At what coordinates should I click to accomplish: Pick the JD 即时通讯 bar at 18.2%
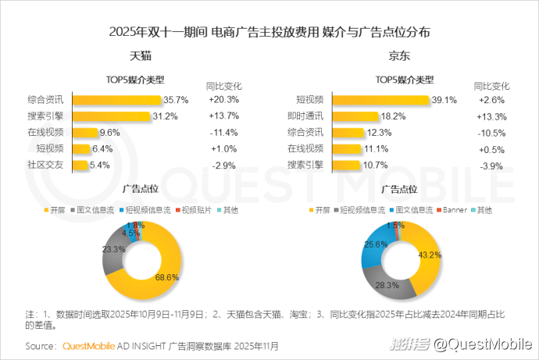click(x=355, y=116)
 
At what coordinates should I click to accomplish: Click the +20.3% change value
click(x=223, y=100)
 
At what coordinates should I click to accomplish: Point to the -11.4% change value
click(x=223, y=133)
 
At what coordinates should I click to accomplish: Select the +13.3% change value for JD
click(x=493, y=116)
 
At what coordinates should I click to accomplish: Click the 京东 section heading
click(x=400, y=57)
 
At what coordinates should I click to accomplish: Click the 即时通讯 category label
click(x=305, y=116)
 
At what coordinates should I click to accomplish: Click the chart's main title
click(x=269, y=32)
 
